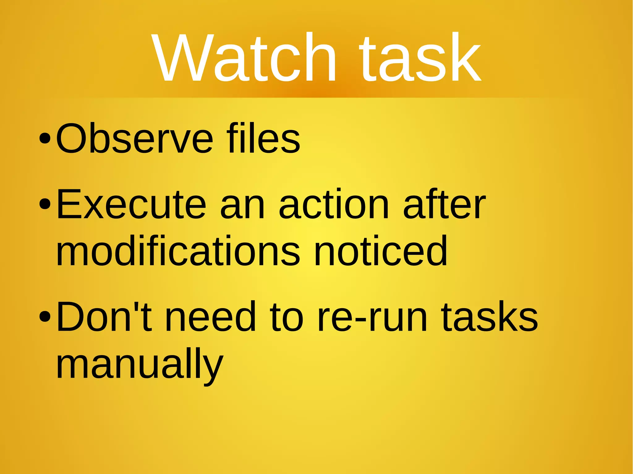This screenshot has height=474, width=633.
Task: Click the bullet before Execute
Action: click(45, 204)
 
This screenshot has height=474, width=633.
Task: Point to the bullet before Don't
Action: click(45, 317)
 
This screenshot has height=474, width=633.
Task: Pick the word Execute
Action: click(131, 204)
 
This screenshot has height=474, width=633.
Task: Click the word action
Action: click(334, 204)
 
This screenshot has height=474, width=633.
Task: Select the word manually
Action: click(139, 364)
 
